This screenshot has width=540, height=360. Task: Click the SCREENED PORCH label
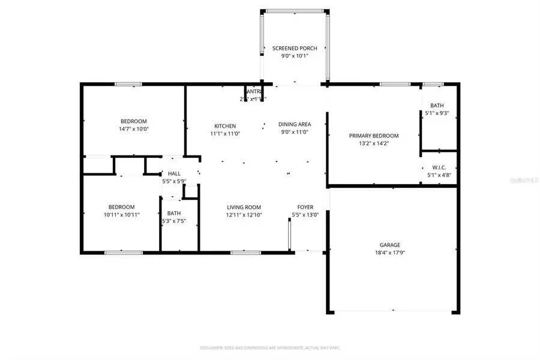pos(294,49)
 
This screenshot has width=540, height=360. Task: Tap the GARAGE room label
pos(389,245)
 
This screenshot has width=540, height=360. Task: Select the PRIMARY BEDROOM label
pos(374,136)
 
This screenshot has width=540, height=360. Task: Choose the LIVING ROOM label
pos(244,207)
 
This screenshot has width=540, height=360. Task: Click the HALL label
pos(174,173)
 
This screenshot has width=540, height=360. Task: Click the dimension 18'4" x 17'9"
pos(389,253)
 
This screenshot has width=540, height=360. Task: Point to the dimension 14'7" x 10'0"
pos(133,128)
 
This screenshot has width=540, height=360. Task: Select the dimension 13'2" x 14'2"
pos(374,143)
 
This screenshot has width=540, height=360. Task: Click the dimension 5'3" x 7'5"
pos(174,221)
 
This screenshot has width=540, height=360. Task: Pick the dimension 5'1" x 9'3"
pos(440,113)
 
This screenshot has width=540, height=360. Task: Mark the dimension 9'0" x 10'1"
pos(294,56)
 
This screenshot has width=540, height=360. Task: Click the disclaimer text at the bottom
pos(269,347)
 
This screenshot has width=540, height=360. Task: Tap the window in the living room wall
pos(242,252)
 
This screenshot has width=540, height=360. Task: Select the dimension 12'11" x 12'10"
pos(244,215)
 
